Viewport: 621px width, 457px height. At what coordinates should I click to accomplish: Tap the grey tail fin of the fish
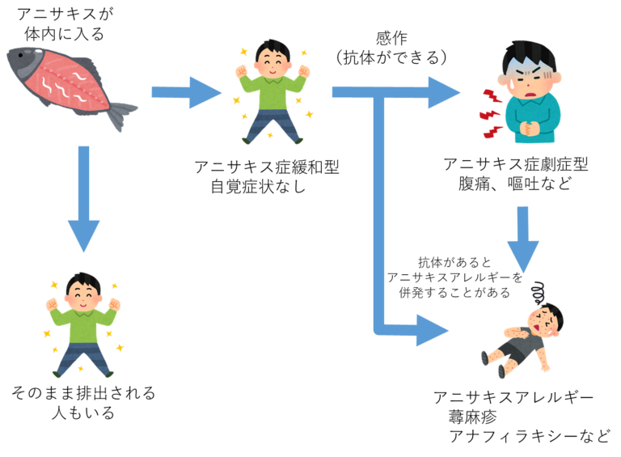point(121,113)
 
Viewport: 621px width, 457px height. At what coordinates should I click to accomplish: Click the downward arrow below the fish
point(83,202)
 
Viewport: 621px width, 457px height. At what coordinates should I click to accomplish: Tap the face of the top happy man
point(273,62)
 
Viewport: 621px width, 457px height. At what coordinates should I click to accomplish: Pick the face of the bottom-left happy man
point(82,295)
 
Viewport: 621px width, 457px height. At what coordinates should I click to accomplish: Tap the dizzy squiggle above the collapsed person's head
point(539,290)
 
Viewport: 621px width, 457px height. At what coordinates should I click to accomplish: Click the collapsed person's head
point(547,319)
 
